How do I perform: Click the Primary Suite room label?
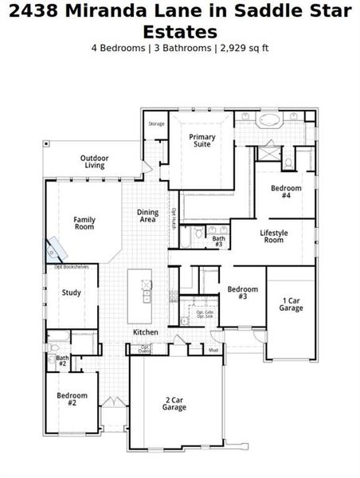202,141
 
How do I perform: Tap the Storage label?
156,123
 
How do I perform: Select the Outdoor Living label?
95,162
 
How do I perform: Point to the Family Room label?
84,223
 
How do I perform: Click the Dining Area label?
147,216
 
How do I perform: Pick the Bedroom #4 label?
286,191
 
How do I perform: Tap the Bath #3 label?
218,241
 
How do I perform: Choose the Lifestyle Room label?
273,236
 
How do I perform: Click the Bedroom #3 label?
242,292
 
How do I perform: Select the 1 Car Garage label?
291,304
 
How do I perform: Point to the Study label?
72,292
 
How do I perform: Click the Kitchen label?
145,331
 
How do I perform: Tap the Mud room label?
213,350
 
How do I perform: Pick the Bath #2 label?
62,361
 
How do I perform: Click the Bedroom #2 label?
72,398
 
